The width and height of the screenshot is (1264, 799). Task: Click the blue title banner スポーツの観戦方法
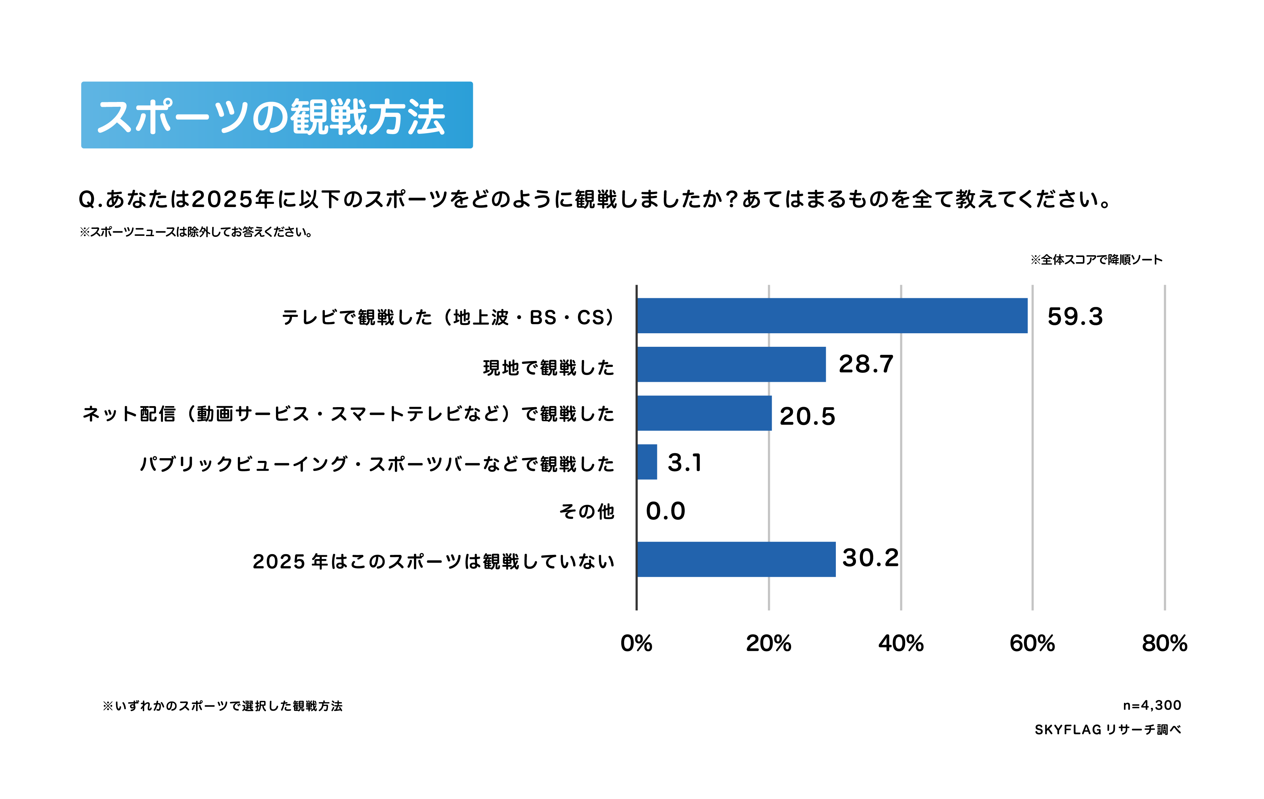277,115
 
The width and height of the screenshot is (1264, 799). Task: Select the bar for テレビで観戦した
832,316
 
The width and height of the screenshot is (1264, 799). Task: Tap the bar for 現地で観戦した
731,364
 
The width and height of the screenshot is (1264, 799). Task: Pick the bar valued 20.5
704,413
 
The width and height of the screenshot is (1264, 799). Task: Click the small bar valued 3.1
647,462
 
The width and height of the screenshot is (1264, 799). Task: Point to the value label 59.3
1075,317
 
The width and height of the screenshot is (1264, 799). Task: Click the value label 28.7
866,364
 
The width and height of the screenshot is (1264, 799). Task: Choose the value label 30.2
870,558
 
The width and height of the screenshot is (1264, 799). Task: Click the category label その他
586,511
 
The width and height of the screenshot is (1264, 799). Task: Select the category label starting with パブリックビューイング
376,464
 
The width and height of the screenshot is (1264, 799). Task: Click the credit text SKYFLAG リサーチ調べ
1108,730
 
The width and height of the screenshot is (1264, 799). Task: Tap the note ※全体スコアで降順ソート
1096,260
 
